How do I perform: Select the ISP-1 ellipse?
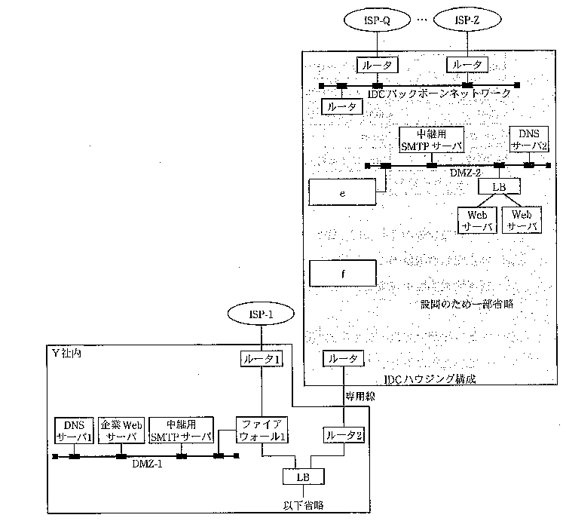pyautogui.click(x=262, y=313)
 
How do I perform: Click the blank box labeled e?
pyautogui.click(x=342, y=193)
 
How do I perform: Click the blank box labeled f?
pyautogui.click(x=342, y=273)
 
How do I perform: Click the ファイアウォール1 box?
pyautogui.click(x=262, y=431)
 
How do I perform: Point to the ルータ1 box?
pyautogui.click(x=262, y=360)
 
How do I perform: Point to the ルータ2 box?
pyautogui.click(x=344, y=435)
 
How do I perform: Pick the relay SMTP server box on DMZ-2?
pyautogui.click(x=430, y=140)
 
